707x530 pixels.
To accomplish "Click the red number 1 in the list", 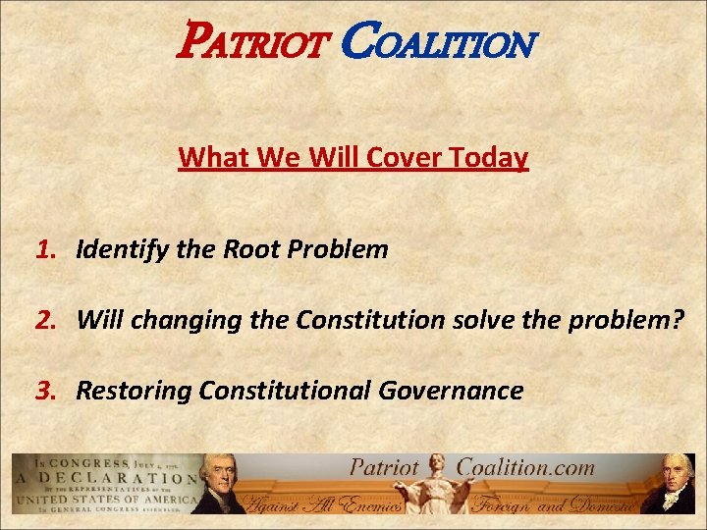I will (x=43, y=249).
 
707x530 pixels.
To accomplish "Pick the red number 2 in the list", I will (x=43, y=320).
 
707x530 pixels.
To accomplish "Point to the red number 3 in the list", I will (x=43, y=391).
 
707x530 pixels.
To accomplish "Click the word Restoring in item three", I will (x=134, y=391).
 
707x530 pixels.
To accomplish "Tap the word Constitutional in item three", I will (x=284, y=391).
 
